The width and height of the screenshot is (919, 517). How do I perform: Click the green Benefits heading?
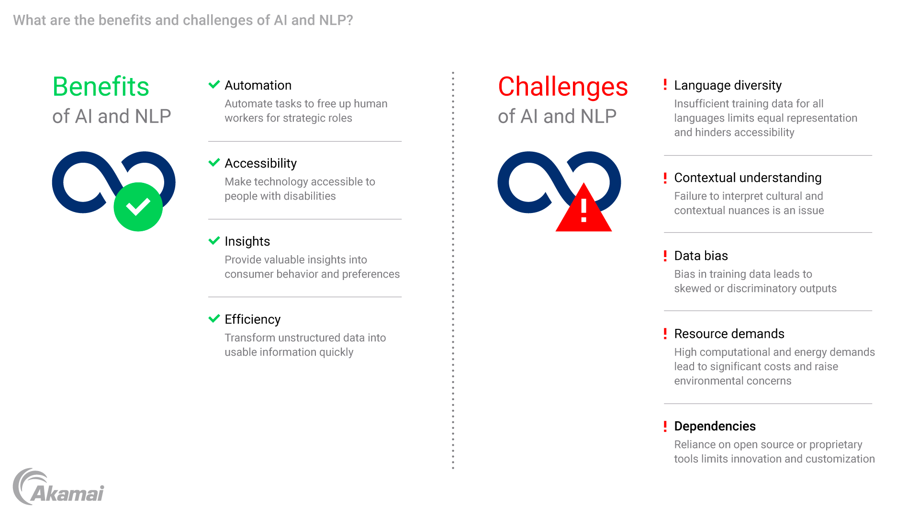tap(101, 87)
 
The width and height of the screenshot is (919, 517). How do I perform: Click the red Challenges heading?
tap(562, 87)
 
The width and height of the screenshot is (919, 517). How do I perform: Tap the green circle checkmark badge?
tap(138, 207)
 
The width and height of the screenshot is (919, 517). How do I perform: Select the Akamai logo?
tap(58, 487)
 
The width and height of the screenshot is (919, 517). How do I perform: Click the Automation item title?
tap(258, 85)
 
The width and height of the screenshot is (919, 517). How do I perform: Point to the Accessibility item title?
tap(260, 163)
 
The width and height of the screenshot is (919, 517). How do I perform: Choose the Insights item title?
tap(247, 241)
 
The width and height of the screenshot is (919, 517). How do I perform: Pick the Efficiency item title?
tap(252, 319)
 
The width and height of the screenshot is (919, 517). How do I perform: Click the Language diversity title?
tap(728, 85)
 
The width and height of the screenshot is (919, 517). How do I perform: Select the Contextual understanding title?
tap(748, 178)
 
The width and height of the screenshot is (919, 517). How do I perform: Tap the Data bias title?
tap(701, 256)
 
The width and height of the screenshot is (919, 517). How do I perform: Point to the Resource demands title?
tap(729, 334)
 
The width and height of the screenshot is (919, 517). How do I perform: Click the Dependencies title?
tap(715, 426)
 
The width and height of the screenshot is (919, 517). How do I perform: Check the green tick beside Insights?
tap(214, 240)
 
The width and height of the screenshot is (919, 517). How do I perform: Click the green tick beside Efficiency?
tap(214, 318)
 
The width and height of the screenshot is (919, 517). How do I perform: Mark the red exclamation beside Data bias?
tap(665, 256)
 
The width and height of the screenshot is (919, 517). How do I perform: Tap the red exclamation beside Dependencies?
tap(665, 426)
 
